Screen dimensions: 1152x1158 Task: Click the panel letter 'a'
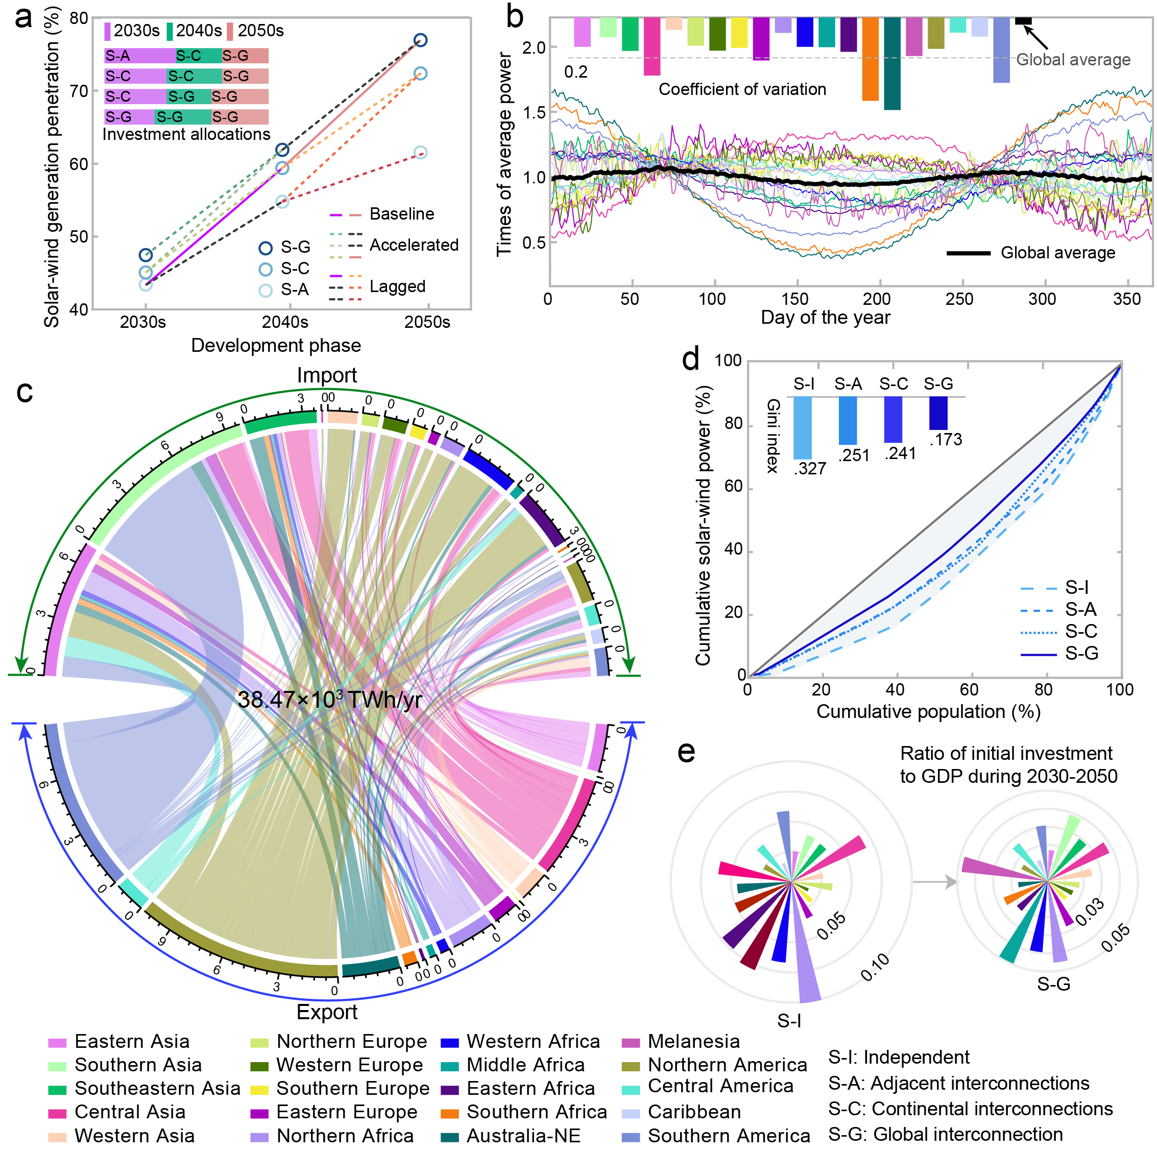pos(23,18)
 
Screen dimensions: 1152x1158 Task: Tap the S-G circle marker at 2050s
pos(420,40)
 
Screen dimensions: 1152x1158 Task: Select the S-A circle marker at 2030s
pos(146,285)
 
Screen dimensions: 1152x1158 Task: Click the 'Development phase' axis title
pos(276,346)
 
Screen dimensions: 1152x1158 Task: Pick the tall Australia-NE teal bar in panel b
pos(892,63)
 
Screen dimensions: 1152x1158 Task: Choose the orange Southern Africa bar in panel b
pos(871,59)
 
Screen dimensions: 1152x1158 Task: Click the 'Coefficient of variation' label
pos(742,89)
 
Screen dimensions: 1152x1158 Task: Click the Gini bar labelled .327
pos(803,427)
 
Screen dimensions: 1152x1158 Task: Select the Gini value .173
pos(945,439)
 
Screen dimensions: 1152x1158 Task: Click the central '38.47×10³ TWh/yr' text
pos(330,700)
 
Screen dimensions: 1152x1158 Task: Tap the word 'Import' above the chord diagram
pos(327,375)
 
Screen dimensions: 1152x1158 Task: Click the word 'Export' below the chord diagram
pos(327,1012)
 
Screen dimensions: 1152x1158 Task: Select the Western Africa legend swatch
pos(449,1042)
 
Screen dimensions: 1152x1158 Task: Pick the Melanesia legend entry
pos(693,1042)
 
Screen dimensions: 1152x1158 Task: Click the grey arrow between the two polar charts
pos(934,882)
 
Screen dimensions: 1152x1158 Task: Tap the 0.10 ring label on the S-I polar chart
pos(875,967)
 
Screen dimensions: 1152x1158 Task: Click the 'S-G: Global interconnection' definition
pos(945,1134)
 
